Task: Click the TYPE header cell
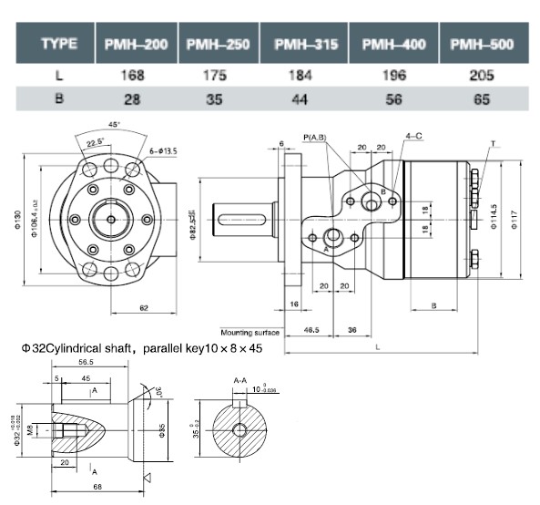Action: click(57, 44)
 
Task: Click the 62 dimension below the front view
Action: click(144, 308)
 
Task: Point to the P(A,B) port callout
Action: click(314, 138)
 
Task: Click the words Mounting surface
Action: click(250, 333)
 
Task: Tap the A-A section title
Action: click(240, 378)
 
